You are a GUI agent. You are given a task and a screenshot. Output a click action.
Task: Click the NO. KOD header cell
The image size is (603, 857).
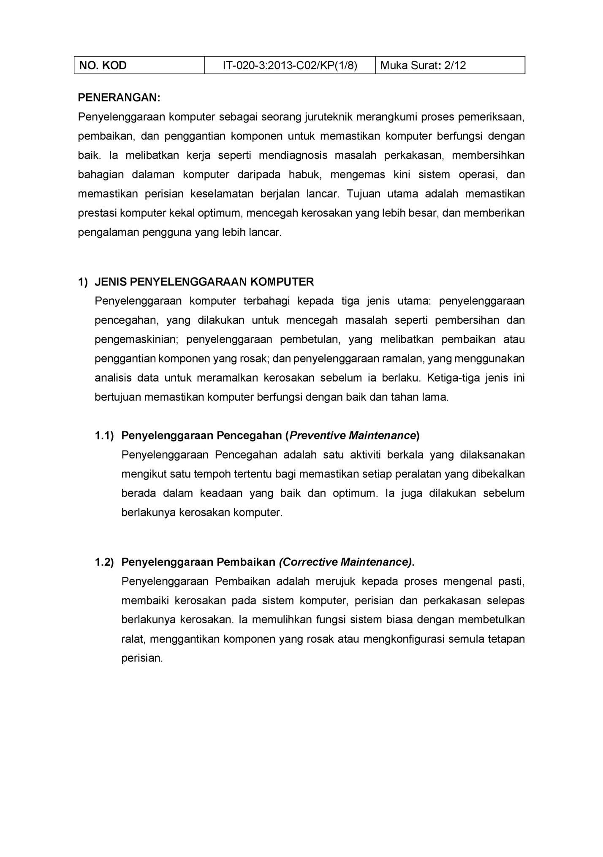[x=103, y=66]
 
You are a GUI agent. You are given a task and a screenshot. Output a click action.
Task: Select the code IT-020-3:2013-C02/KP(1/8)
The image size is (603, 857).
[x=290, y=66]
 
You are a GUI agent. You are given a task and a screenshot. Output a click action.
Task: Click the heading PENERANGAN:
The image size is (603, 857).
[x=119, y=98]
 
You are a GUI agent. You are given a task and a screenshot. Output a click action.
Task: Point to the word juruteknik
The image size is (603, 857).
[x=328, y=117]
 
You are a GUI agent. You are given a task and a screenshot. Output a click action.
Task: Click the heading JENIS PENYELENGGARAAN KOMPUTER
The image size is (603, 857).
[x=204, y=282]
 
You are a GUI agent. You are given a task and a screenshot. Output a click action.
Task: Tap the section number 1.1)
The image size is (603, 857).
[x=104, y=436]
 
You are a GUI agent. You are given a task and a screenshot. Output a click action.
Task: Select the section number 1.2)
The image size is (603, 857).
[x=104, y=562]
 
